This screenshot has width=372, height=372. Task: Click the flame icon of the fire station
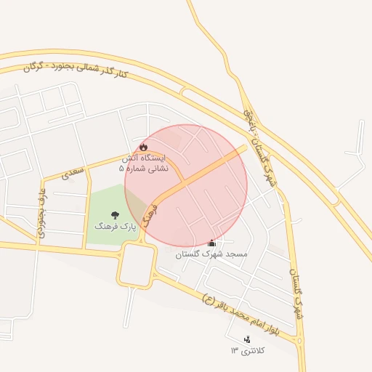click(x=143, y=147)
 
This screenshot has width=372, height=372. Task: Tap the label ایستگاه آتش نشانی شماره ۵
click(x=143, y=163)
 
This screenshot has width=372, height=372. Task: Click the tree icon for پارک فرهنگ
click(x=115, y=215)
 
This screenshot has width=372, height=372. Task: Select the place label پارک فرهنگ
click(x=115, y=227)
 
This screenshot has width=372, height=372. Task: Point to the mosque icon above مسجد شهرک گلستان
click(x=212, y=243)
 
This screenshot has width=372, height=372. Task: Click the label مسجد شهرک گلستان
click(x=211, y=255)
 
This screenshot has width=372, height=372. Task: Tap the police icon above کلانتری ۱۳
click(x=248, y=339)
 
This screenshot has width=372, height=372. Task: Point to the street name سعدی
click(x=73, y=171)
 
